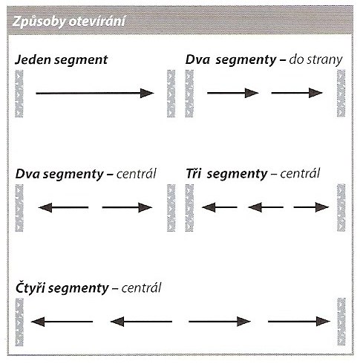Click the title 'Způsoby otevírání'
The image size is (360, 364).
click(68, 22)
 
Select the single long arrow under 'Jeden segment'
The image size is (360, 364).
click(95, 93)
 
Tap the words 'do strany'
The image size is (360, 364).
click(315, 60)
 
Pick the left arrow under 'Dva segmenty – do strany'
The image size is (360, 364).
click(233, 93)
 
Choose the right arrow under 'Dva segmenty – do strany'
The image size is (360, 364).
click(297, 93)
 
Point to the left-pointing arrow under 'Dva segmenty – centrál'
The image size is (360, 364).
click(63, 207)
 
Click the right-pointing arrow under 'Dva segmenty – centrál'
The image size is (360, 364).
click(127, 207)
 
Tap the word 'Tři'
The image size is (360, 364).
click(193, 174)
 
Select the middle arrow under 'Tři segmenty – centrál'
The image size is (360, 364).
click(266, 207)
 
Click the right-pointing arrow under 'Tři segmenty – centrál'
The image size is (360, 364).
click(311, 207)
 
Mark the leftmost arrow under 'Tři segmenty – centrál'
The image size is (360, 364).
click(220, 207)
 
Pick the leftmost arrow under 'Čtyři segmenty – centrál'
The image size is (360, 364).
click(62, 322)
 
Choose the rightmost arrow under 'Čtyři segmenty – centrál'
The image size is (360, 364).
click(299, 322)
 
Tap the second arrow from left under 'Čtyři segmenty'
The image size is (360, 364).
click(141, 322)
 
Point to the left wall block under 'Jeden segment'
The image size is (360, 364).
click(19, 94)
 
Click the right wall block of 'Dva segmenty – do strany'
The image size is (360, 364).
click(341, 94)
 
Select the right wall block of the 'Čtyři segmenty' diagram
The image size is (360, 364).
click(341, 322)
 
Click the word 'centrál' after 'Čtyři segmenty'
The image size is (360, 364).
click(141, 288)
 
